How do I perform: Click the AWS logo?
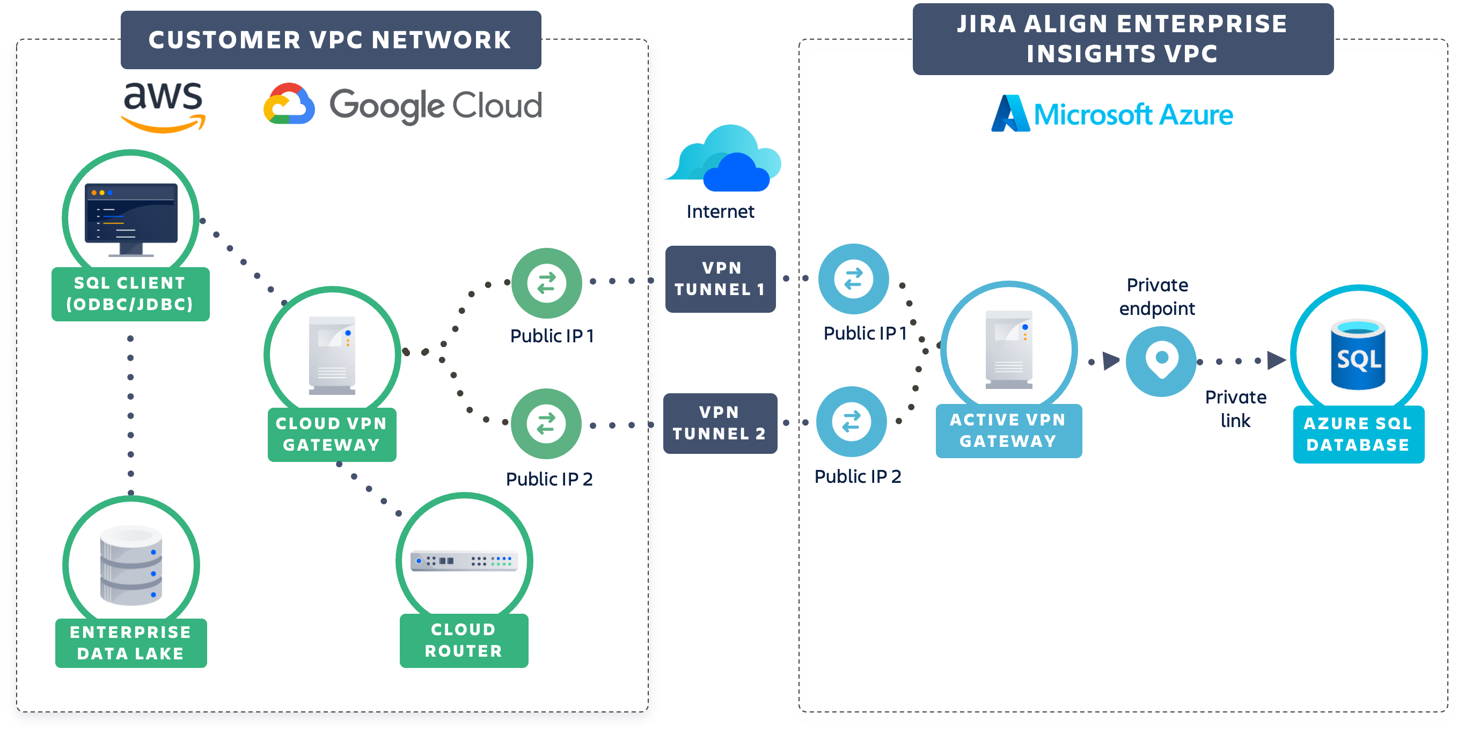[163, 106]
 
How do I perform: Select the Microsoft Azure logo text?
[1132, 115]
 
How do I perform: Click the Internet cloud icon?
[724, 160]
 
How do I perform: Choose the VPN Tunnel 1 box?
[720, 278]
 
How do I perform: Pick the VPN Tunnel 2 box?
[720, 423]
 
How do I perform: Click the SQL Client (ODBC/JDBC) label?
[130, 294]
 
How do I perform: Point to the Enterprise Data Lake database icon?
[131, 565]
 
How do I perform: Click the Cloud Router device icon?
[464, 561]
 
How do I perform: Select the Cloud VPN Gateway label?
[332, 434]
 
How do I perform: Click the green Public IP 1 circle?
[546, 283]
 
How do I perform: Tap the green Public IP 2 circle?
[546, 423]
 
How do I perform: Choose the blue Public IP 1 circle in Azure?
[853, 279]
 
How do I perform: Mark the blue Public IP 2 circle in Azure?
[851, 422]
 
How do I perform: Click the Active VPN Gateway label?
[1008, 430]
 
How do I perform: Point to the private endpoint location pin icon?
[1161, 361]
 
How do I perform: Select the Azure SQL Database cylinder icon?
[1358, 355]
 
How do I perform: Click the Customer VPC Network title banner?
[331, 40]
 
